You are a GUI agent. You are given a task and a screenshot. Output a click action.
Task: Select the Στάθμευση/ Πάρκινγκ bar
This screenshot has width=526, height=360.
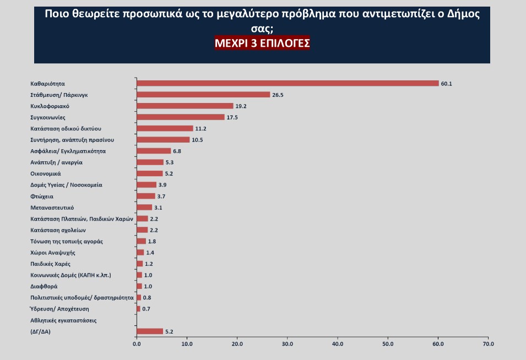[x=203, y=95]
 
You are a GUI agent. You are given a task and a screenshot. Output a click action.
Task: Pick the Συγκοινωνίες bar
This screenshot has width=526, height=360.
[x=181, y=117]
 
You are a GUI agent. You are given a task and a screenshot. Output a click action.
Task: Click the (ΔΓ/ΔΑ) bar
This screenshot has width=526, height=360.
[x=150, y=331]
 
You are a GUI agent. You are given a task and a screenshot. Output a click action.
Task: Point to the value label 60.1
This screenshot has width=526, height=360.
[x=446, y=84]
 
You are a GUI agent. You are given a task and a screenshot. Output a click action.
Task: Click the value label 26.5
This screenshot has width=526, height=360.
[x=277, y=95]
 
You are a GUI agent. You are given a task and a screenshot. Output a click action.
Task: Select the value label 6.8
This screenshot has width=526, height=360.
[x=177, y=151]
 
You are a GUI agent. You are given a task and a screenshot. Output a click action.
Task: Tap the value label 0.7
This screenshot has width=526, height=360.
[x=147, y=309]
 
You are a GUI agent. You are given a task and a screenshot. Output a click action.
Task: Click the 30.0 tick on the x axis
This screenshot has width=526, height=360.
[x=288, y=345]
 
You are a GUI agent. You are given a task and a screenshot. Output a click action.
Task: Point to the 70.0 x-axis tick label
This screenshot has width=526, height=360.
[x=489, y=345]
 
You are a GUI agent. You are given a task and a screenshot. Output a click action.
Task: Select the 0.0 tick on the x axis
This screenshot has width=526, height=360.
[x=137, y=345]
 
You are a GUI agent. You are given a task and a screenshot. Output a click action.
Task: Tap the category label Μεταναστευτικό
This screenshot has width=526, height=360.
[x=52, y=208]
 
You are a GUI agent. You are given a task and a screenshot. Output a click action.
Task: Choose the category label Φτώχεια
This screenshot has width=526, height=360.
[x=42, y=196]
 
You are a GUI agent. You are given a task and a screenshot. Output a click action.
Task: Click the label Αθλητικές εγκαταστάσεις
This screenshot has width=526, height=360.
[x=63, y=320]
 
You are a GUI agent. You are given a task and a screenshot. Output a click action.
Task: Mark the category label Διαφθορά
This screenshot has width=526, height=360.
[x=44, y=286]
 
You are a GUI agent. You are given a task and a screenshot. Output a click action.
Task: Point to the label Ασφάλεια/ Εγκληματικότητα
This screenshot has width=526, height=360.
[x=68, y=151]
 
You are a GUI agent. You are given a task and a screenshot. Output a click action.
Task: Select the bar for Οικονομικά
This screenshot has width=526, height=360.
[x=149, y=173]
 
